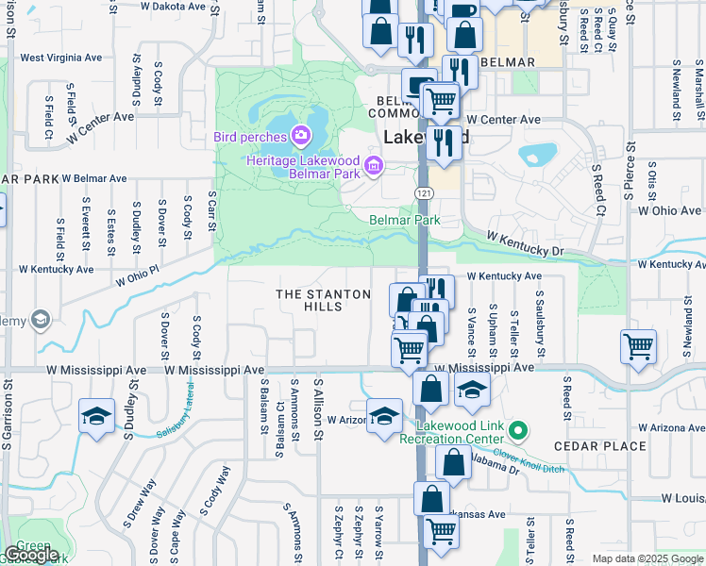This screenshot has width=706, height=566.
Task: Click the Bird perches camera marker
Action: click(x=301, y=137)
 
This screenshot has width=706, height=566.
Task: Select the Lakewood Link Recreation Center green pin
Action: click(x=517, y=432)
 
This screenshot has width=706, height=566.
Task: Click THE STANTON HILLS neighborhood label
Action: click(x=324, y=301)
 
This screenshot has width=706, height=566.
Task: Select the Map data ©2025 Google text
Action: click(x=647, y=558)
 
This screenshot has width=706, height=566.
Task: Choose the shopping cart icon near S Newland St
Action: click(x=639, y=346)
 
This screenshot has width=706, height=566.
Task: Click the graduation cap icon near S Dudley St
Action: click(x=96, y=416)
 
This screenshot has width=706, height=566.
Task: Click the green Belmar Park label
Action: click(x=404, y=221)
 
